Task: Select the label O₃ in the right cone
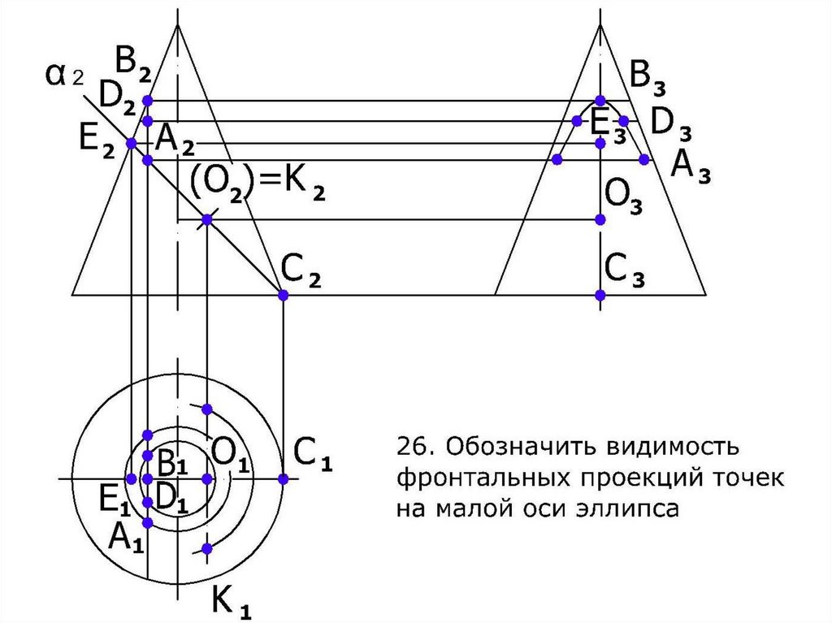point(623,197)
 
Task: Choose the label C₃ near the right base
point(625,269)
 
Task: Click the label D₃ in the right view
point(671,123)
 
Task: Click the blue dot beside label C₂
point(283,295)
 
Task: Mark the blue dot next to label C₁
point(283,478)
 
